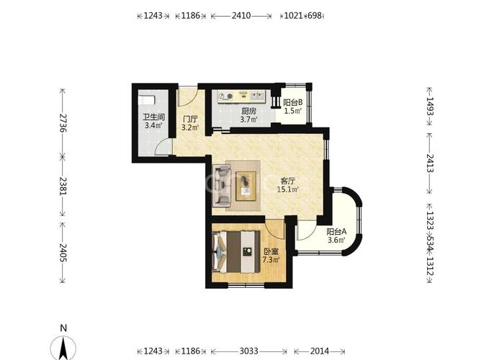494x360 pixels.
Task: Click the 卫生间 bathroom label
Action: click(x=154, y=117)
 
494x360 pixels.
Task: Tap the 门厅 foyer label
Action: click(x=190, y=120)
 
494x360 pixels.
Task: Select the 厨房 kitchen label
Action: click(x=249, y=111)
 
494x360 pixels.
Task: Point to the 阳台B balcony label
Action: click(x=293, y=102)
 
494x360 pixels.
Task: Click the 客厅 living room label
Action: click(x=288, y=181)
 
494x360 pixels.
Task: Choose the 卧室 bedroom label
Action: click(x=271, y=252)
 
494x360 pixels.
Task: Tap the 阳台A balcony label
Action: click(x=336, y=232)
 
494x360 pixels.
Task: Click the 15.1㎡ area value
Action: click(x=287, y=189)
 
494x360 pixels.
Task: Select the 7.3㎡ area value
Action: click(x=271, y=260)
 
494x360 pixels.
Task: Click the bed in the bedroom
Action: click(x=236, y=251)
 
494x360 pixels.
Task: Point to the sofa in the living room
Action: click(x=222, y=186)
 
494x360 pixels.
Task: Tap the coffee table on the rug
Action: click(x=246, y=186)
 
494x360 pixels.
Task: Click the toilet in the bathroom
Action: click(x=146, y=100)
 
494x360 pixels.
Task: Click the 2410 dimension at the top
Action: click(x=241, y=15)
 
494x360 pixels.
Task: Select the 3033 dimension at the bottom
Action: click(x=249, y=351)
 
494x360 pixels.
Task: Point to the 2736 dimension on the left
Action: click(x=63, y=122)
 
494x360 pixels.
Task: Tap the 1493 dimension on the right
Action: click(x=430, y=106)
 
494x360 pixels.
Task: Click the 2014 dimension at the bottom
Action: click(x=320, y=351)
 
